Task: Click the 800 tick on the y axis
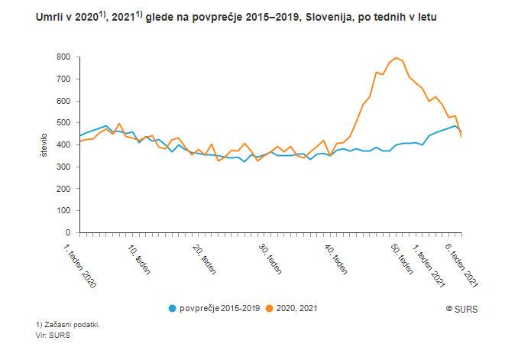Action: point(63,57)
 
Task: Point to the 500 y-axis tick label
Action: point(63,123)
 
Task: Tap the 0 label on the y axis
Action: point(68,232)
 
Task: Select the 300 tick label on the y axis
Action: point(63,167)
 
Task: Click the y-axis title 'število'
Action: point(45,145)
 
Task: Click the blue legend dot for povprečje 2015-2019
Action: point(173,308)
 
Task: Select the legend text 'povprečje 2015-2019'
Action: point(220,308)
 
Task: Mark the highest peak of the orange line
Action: point(397,58)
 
